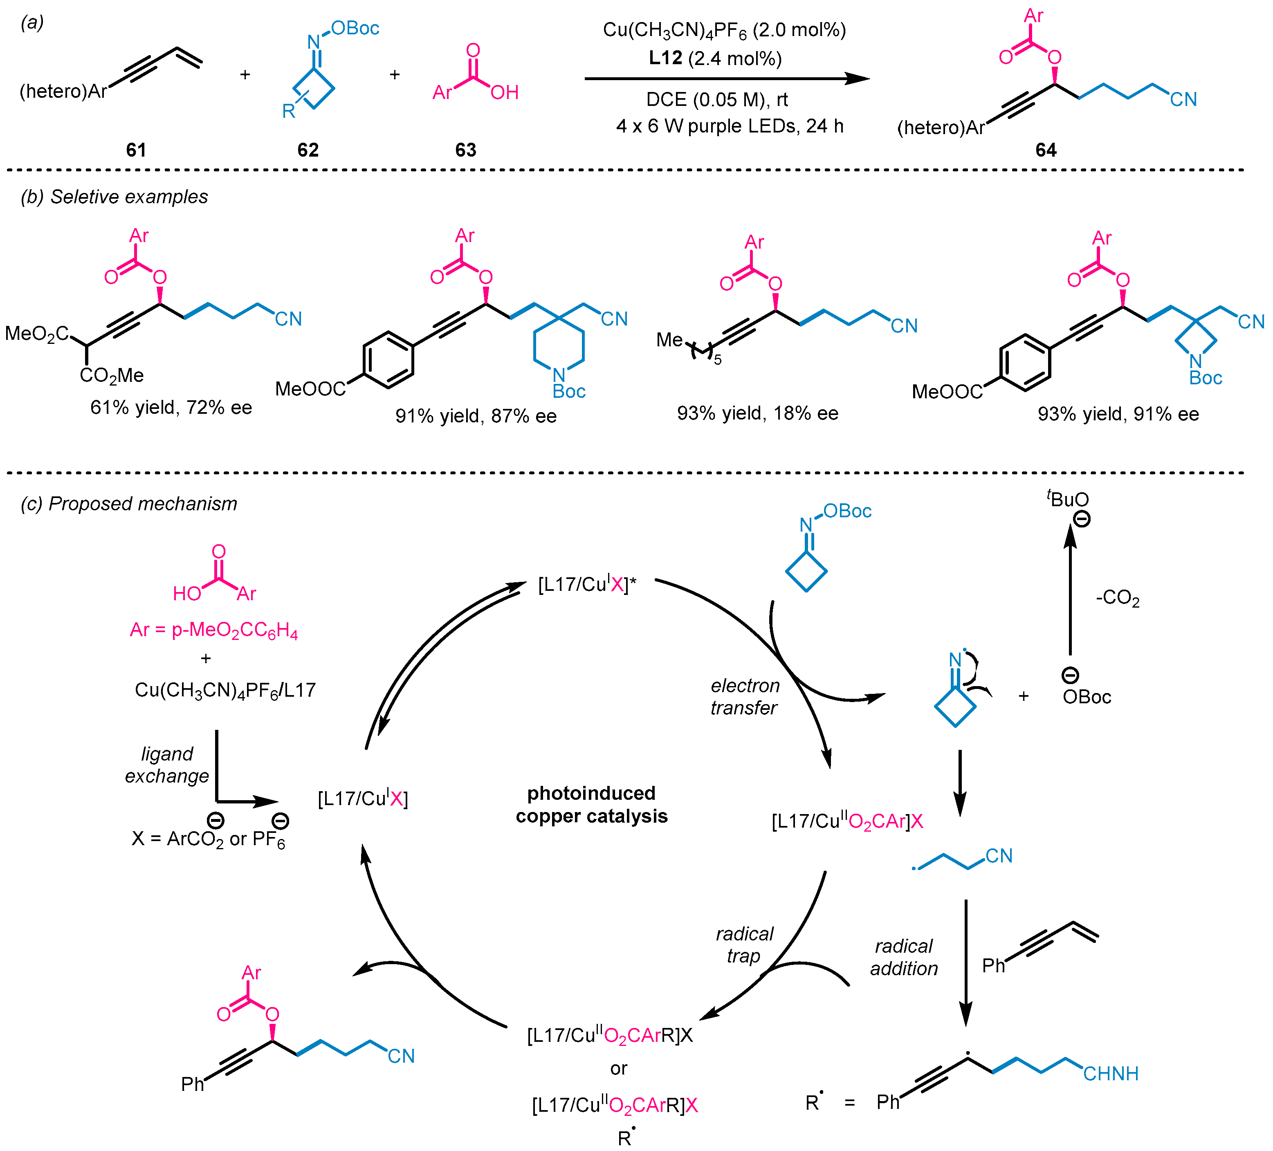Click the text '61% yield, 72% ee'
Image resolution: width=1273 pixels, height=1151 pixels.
point(171,407)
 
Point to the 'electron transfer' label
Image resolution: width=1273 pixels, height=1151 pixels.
point(745,696)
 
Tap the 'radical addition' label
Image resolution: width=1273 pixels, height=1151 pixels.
point(904,957)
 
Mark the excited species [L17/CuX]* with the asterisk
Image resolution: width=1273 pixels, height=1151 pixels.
point(587,584)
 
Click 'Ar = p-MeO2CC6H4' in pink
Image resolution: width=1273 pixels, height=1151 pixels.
point(213,630)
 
